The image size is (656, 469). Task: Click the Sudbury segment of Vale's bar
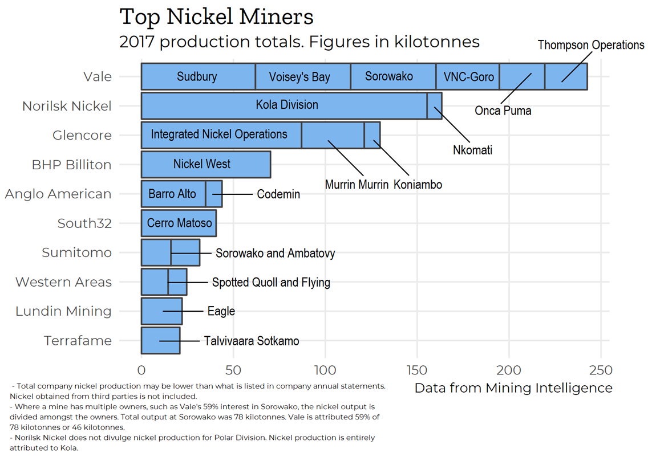pyautogui.click(x=197, y=76)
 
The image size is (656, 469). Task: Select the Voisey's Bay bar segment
pyautogui.click(x=299, y=76)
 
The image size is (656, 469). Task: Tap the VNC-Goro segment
pyautogui.click(x=468, y=76)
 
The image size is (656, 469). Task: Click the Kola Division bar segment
pyautogui.click(x=286, y=105)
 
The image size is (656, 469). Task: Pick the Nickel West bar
pyautogui.click(x=202, y=164)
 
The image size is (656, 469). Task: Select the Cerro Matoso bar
pyautogui.click(x=179, y=223)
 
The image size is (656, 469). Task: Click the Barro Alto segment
pyautogui.click(x=172, y=194)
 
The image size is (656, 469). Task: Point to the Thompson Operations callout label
pyautogui.click(x=590, y=45)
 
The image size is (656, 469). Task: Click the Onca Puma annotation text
pyautogui.click(x=503, y=111)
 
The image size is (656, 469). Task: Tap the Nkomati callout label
pyautogui.click(x=472, y=150)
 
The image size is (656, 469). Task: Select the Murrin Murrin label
pyautogui.click(x=357, y=185)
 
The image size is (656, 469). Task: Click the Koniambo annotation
pyautogui.click(x=418, y=185)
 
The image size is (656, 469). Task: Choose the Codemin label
pyautogui.click(x=278, y=194)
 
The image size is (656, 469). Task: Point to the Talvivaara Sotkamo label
pyautogui.click(x=252, y=341)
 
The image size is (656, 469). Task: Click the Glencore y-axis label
pyautogui.click(x=82, y=135)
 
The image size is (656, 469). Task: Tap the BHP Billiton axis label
pyautogui.click(x=71, y=165)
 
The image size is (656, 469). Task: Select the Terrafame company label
pyautogui.click(x=78, y=341)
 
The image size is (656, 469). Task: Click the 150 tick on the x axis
pyautogui.click(x=416, y=370)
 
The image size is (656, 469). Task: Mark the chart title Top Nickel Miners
pyautogui.click(x=216, y=17)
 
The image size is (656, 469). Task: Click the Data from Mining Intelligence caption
pyautogui.click(x=513, y=388)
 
